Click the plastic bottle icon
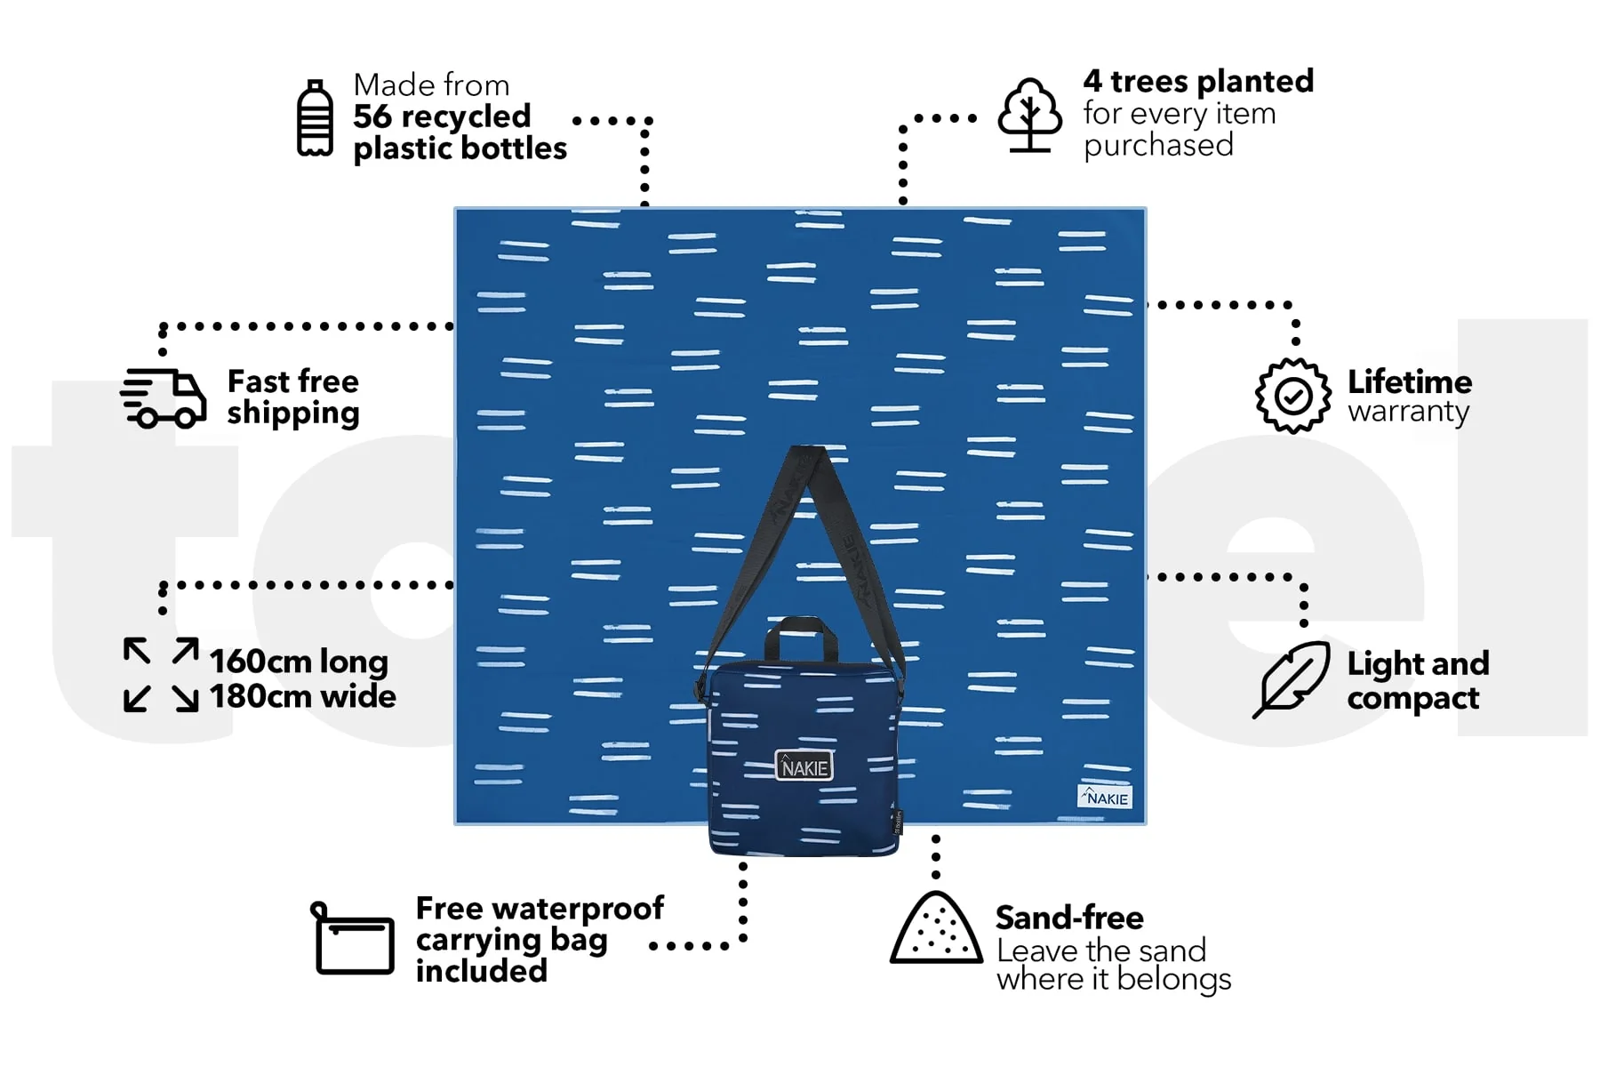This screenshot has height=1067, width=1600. coord(315,118)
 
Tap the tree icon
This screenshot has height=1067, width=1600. coord(1029,116)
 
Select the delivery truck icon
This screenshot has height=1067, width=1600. coord(164,397)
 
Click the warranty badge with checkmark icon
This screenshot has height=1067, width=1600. coord(1293,396)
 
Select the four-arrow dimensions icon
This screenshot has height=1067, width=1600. coord(161,675)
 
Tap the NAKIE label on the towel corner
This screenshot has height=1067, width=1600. coord(1105,797)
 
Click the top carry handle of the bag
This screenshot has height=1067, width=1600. coord(801,636)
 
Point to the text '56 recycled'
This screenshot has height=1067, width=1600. coord(442,116)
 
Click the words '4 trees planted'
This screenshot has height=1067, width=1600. coord(1198,81)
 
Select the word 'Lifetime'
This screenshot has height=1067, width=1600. coord(1410,381)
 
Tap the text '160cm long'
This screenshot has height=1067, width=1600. coord(299,662)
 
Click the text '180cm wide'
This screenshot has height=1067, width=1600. coord(303,696)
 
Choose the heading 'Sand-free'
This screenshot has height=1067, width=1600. coord(1069,917)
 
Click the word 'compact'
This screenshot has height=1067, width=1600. coord(1413,699)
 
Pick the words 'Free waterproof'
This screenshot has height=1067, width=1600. coord(540,908)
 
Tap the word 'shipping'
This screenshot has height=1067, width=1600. coord(293,413)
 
